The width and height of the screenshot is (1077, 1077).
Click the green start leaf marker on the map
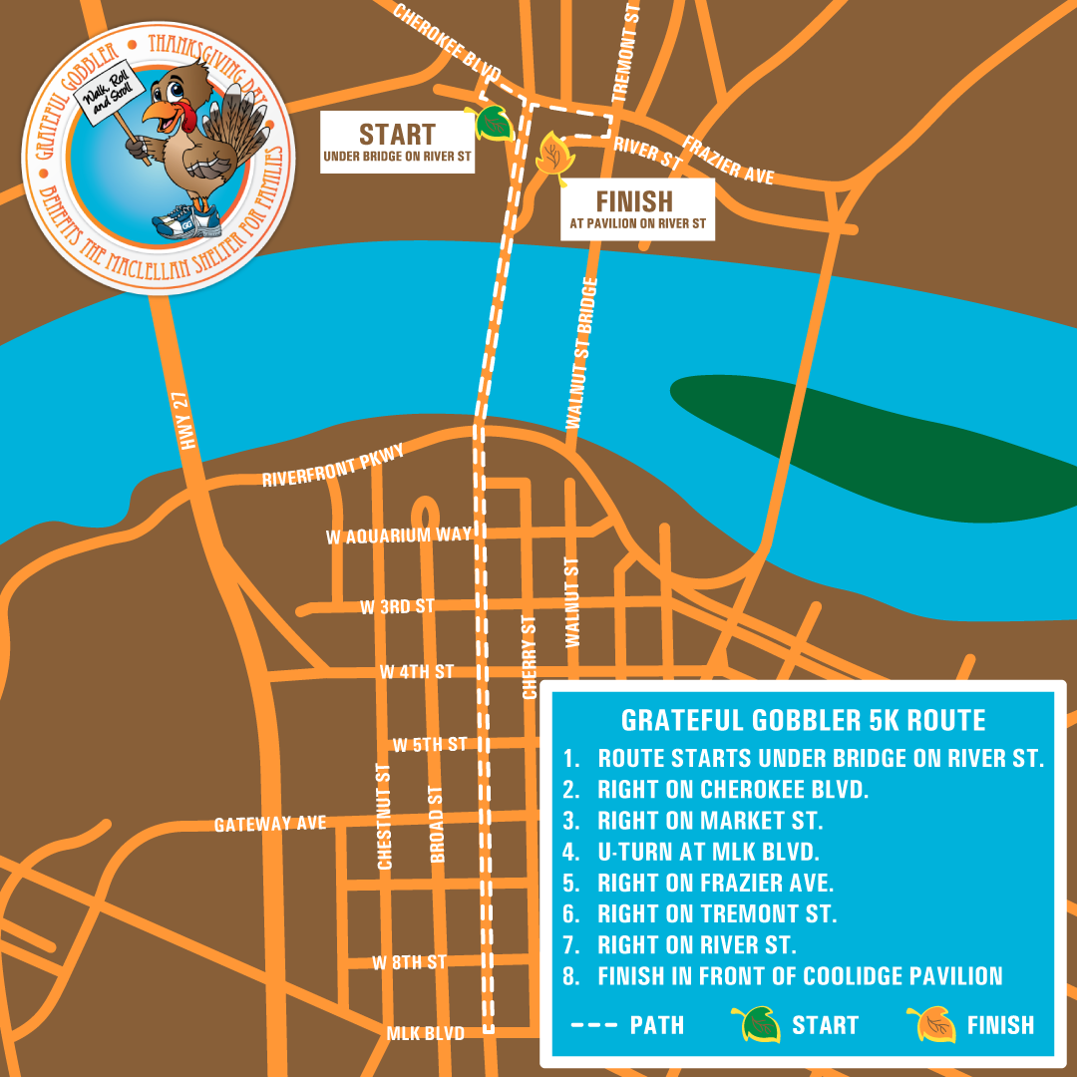pyautogui.click(x=495, y=124)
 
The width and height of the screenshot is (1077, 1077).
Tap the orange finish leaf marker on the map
pyautogui.click(x=550, y=156)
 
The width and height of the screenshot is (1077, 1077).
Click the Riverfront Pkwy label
pyautogui.click(x=333, y=467)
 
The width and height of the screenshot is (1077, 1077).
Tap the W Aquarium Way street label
pyautogui.click(x=398, y=536)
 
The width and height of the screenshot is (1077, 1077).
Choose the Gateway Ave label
pyautogui.click(x=270, y=824)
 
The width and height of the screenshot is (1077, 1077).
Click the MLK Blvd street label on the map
pyautogui.click(x=425, y=1034)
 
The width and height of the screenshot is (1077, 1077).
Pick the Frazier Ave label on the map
pyautogui.click(x=728, y=161)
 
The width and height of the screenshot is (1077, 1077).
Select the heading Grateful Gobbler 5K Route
pyautogui.click(x=803, y=720)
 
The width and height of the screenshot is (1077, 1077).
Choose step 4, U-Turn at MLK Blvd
pyautogui.click(x=707, y=852)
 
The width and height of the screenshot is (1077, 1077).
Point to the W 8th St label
pyautogui.click(x=409, y=963)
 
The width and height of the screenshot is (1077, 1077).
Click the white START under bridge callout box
pyautogui.click(x=397, y=143)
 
